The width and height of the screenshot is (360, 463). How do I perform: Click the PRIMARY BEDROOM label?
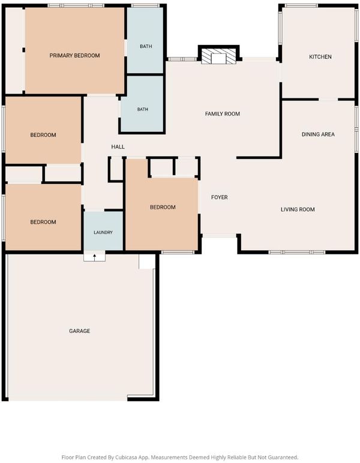[74, 56]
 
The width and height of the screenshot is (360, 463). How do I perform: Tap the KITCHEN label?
[320, 57]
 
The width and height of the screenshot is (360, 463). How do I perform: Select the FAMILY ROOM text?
[223, 114]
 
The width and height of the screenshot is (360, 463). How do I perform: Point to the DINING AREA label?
[318, 134]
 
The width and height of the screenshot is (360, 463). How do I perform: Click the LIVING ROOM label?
[298, 210]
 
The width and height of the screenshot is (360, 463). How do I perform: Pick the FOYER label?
[220, 197]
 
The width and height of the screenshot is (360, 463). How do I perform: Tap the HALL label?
[118, 147]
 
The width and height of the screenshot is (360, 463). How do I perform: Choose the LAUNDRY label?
[103, 233]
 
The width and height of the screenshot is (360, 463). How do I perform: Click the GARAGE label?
[79, 331]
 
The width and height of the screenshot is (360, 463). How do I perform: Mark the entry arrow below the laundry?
[95, 257]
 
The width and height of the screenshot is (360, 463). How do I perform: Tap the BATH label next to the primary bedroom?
[146, 46]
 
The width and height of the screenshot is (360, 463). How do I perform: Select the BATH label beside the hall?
[143, 110]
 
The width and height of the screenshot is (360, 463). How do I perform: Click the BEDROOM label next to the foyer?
[163, 208]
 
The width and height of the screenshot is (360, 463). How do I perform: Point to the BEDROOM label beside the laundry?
[43, 222]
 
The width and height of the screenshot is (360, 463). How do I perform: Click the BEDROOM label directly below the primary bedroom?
[43, 135]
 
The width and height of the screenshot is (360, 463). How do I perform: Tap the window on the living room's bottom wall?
[297, 252]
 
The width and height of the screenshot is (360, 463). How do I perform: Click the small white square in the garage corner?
[147, 261]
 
